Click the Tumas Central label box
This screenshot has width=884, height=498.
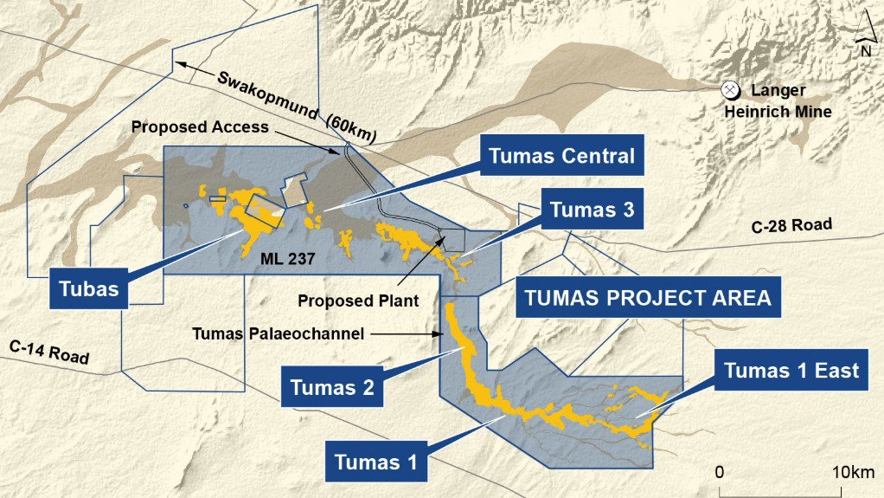pyautogui.click(x=561, y=157)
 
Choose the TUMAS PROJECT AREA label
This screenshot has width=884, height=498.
pyautogui.click(x=644, y=299)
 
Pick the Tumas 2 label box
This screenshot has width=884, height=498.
pyautogui.click(x=332, y=387)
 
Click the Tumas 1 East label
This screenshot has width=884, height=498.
pyautogui.click(x=791, y=371)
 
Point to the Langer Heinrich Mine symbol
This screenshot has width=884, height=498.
pyautogui.click(x=730, y=90)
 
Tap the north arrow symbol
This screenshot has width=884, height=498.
pyautogui.click(x=864, y=40)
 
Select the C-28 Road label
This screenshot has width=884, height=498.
pyautogui.click(x=791, y=226)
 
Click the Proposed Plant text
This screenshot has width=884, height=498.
pyautogui.click(x=358, y=301)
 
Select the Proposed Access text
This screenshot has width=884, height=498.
pyautogui.click(x=200, y=126)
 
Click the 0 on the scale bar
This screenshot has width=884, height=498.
pyautogui.click(x=720, y=472)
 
